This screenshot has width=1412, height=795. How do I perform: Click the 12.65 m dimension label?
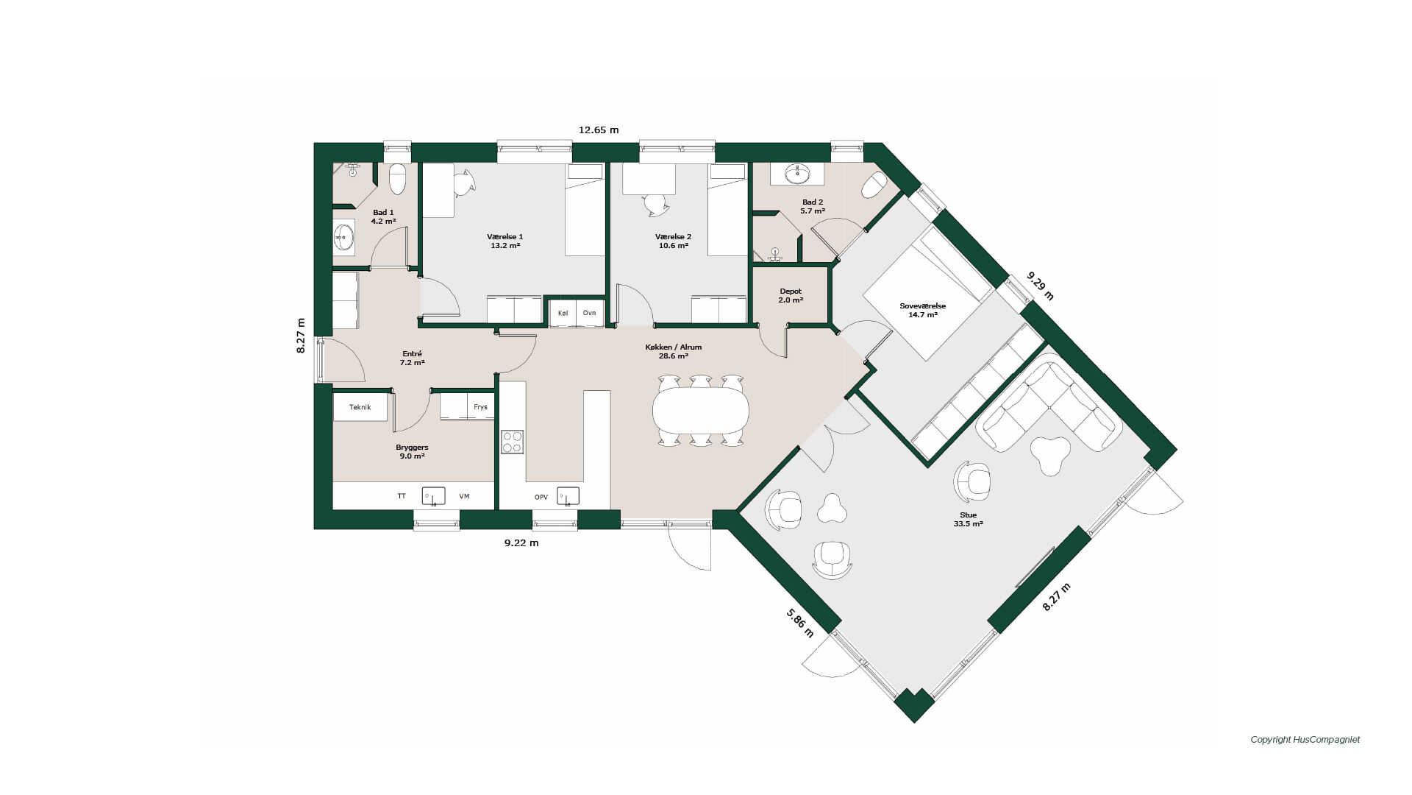tap(599, 130)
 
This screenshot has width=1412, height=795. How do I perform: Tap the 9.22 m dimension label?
tap(521, 543)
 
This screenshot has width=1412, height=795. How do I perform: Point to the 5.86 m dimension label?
tap(800, 623)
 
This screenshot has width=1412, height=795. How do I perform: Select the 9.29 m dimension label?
tap(1041, 286)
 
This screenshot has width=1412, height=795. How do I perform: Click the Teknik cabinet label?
tap(360, 407)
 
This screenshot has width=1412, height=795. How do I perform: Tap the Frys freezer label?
tap(480, 407)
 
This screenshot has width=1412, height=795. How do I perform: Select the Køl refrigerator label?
tap(563, 313)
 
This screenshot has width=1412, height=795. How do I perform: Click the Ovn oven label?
tap(589, 313)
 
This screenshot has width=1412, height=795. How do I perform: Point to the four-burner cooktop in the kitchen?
tap(513, 442)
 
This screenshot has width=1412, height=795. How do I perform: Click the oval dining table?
tap(700, 410)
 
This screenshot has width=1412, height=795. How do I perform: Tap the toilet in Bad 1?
tap(397, 178)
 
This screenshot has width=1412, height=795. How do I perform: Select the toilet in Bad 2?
tap(874, 185)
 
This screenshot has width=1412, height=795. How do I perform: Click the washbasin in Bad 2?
tap(797, 174)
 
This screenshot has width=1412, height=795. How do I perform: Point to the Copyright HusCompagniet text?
tap(1305, 740)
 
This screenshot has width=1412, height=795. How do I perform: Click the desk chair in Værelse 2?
tap(655, 204)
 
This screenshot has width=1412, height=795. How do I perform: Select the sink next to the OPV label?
tap(568, 496)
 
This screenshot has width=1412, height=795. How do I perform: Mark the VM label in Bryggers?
tap(464, 496)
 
